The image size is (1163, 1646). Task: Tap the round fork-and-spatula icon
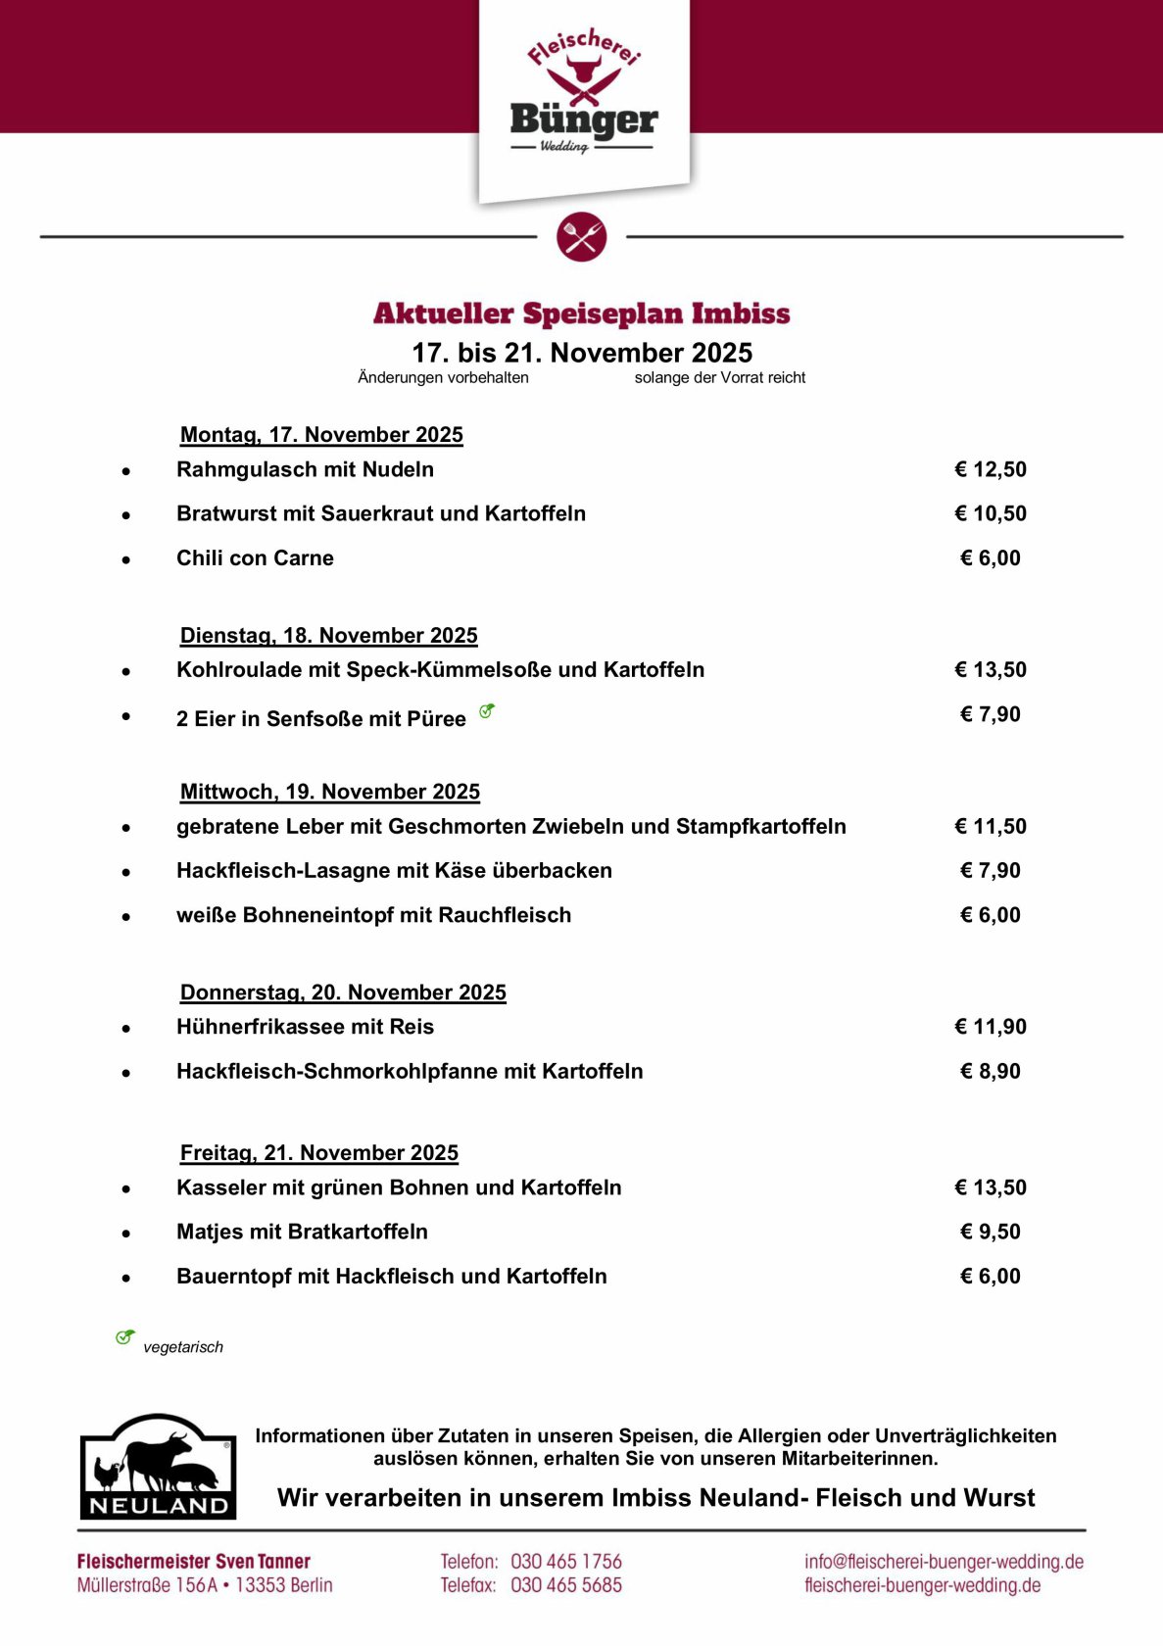pyautogui.click(x=582, y=237)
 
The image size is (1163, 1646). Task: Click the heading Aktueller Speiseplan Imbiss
pyautogui.click(x=582, y=314)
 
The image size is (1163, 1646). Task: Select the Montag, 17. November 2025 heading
pyautogui.click(x=321, y=435)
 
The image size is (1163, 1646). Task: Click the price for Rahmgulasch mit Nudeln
pyautogui.click(x=991, y=469)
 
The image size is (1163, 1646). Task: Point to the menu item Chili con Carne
pyautogui.click(x=255, y=558)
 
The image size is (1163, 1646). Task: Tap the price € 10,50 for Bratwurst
pyautogui.click(x=991, y=513)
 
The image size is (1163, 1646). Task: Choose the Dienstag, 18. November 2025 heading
pyautogui.click(x=328, y=636)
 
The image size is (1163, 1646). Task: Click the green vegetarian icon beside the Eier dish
pyautogui.click(x=487, y=711)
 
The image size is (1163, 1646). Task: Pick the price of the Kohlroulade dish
pyautogui.click(x=991, y=670)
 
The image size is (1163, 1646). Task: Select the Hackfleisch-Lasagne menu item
pyautogui.click(x=394, y=871)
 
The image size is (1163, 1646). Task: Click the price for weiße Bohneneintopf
pyautogui.click(x=991, y=915)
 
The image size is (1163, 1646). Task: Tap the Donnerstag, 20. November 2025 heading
pyautogui.click(x=343, y=992)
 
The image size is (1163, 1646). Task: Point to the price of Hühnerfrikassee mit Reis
pyautogui.click(x=991, y=1027)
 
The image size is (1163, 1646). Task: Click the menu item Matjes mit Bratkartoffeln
pyautogui.click(x=302, y=1233)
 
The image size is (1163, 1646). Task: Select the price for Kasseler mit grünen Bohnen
pyautogui.click(x=991, y=1187)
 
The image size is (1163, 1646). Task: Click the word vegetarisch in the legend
pyautogui.click(x=183, y=1347)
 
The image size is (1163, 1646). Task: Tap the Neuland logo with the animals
pyautogui.click(x=158, y=1467)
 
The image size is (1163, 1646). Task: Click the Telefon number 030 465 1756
pyautogui.click(x=566, y=1562)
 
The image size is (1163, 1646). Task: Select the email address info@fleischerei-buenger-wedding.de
pyautogui.click(x=944, y=1562)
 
